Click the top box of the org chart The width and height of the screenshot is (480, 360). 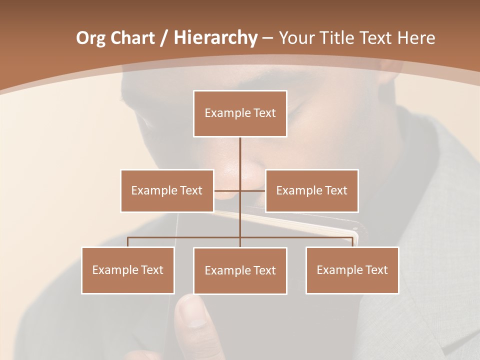coord(240,113)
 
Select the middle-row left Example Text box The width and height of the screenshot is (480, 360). coord(167,190)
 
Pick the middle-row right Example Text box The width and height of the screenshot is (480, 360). coord(311,190)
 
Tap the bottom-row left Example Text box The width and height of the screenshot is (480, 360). coord(128,270)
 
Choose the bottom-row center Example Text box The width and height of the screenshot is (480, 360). coord(240,270)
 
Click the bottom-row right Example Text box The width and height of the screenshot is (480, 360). coord(352,270)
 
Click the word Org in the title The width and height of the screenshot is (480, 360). coord(91,38)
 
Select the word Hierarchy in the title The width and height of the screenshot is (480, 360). coord(215,38)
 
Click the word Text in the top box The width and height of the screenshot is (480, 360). coord(264,113)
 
